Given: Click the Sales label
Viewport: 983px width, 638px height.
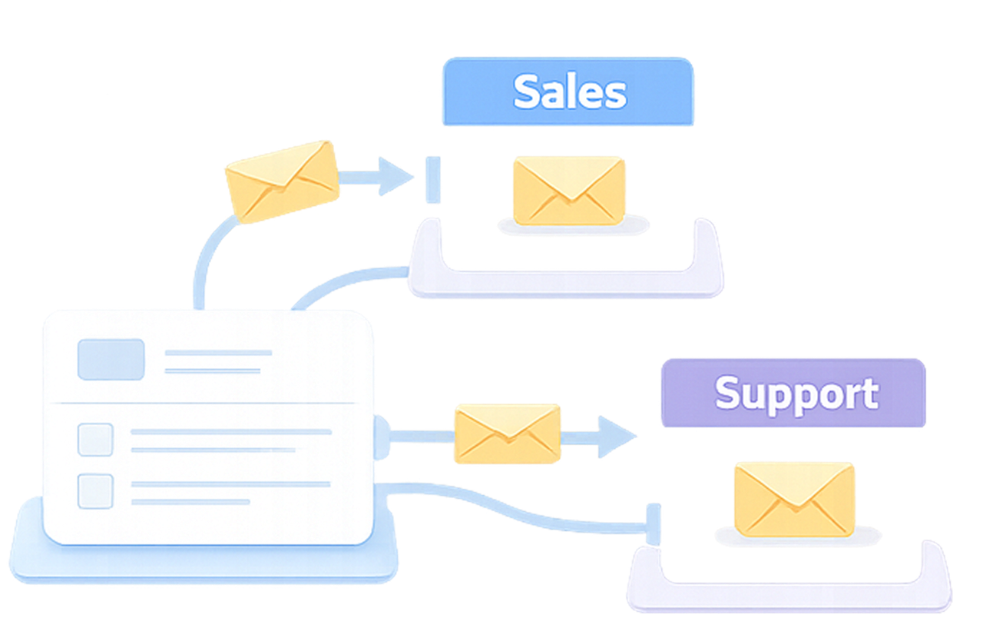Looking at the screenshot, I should [569, 92].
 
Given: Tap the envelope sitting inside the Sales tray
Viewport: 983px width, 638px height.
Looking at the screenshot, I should [568, 190].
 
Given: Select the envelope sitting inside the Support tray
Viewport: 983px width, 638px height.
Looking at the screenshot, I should [794, 498].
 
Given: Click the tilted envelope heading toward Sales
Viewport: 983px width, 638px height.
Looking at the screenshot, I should [282, 181].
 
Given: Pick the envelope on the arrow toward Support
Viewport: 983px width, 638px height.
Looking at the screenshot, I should [507, 434].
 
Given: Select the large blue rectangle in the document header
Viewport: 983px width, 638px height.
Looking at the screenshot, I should [111, 359].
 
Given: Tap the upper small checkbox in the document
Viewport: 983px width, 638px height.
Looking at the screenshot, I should [95, 440].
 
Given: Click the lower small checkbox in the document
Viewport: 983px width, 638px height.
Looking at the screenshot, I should [95, 491].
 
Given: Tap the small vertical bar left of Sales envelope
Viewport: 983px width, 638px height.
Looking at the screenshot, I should [433, 180].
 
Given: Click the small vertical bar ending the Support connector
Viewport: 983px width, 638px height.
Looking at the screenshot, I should [654, 524].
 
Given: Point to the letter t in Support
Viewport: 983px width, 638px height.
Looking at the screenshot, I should [870, 394].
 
